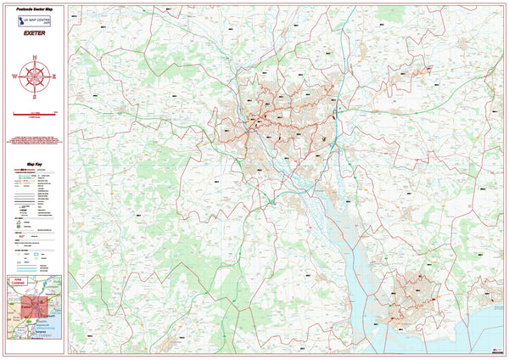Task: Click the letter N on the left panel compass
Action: coord(35,58)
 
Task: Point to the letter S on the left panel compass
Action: coord(35,94)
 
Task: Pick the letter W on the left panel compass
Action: coord(15,76)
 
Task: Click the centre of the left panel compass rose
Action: coord(35,76)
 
